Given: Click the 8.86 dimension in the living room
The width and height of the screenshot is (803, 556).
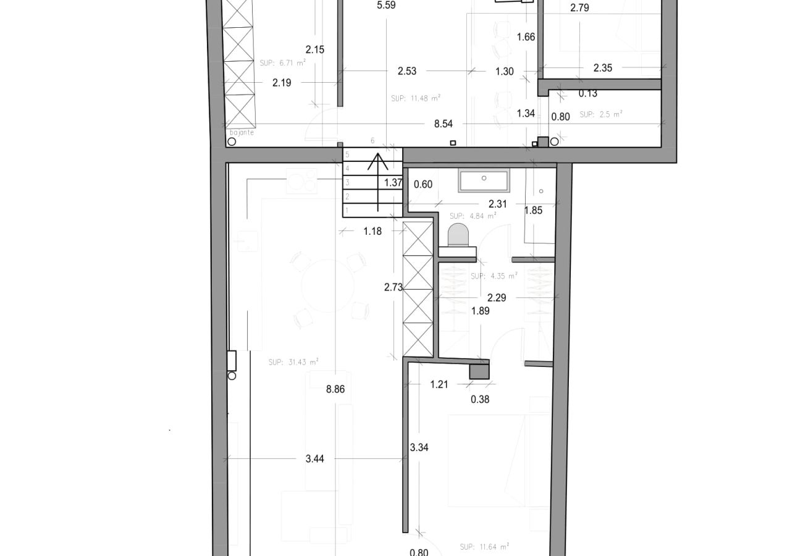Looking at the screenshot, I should (335, 389).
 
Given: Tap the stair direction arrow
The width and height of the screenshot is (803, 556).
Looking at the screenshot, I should (378, 179).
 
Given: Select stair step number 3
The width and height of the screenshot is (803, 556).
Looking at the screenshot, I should (348, 182).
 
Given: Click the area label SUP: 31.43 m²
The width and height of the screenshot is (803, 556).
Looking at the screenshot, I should (293, 363).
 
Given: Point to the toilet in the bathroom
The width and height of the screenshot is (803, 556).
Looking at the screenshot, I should (458, 235).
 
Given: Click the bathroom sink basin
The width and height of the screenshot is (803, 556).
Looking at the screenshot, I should (484, 181).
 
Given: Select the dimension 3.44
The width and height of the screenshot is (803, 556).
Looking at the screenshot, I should (314, 458).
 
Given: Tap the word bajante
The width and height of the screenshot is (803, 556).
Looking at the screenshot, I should (242, 132).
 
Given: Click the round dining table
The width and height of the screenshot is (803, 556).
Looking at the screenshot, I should (327, 285).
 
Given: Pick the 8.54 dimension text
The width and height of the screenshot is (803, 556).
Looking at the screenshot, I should (443, 124).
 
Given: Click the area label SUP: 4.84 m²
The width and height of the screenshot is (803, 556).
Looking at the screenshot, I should (473, 216).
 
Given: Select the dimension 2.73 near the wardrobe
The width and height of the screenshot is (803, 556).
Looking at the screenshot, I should (393, 287).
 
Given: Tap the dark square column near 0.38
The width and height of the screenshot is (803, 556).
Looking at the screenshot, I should (479, 371).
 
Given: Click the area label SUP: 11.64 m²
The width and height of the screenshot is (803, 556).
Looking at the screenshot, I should (484, 547).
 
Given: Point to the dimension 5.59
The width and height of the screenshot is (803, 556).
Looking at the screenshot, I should (385, 6).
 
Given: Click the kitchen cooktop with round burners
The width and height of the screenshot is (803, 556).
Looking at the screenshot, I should (301, 181).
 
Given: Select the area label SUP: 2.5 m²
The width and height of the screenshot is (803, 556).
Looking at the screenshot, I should (601, 114).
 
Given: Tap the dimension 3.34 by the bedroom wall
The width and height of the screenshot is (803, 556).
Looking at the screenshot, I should (419, 447).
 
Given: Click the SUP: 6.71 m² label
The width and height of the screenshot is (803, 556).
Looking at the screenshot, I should (283, 62).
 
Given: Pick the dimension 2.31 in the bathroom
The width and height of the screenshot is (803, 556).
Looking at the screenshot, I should (497, 203).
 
